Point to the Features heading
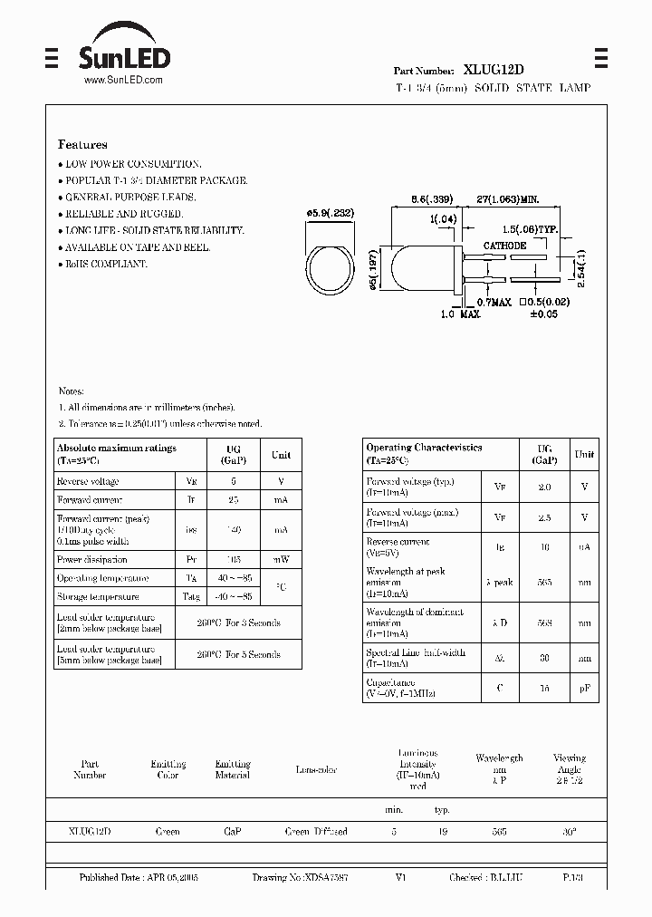coord(82,144)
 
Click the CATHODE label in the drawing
coord(504,246)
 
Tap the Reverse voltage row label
coord(87,482)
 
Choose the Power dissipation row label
coord(91,560)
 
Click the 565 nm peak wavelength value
coord(544,583)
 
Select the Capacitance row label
coord(390,682)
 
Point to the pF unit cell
coord(584,689)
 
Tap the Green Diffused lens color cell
coord(316,831)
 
